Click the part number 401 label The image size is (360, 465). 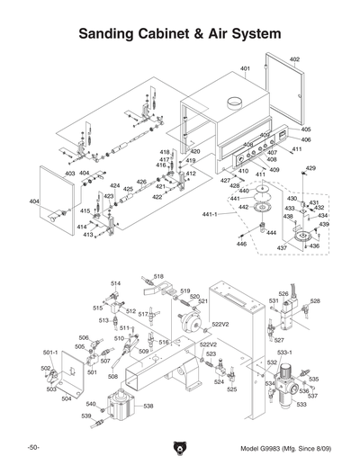(245, 69)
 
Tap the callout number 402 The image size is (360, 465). (294, 59)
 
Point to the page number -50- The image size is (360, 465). (32, 448)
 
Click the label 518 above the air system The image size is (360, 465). (158, 276)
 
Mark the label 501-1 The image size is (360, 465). (50, 353)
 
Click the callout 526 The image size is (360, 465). (283, 294)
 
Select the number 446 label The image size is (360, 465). (241, 244)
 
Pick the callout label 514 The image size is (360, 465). (115, 283)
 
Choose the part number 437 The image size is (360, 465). (282, 247)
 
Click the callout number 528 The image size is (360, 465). (315, 301)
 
